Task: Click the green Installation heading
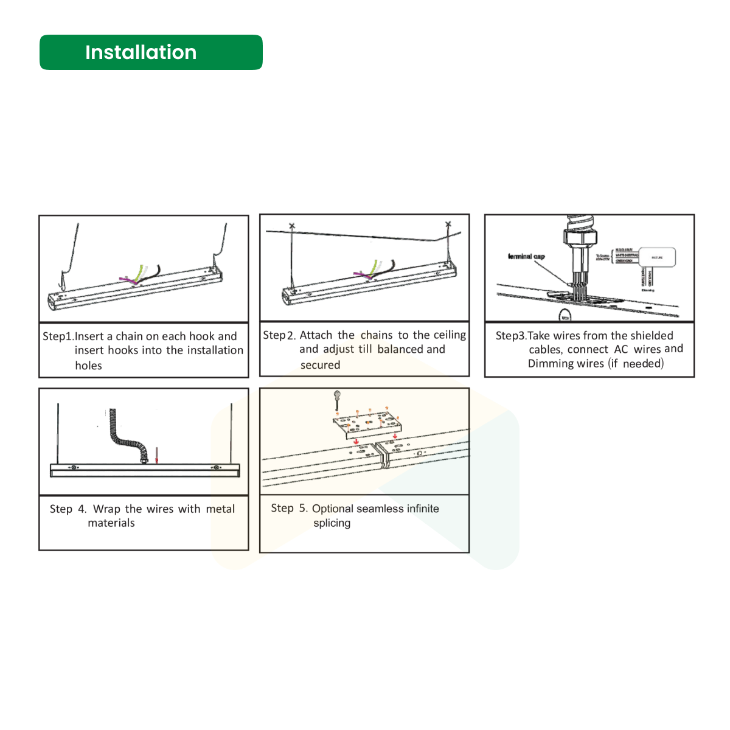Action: pyautogui.click(x=151, y=52)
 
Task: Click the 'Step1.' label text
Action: pyautogui.click(x=58, y=336)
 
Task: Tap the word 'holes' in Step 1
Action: pyautogui.click(x=88, y=366)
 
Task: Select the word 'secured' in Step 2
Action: pyautogui.click(x=320, y=365)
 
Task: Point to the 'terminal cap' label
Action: pyautogui.click(x=526, y=257)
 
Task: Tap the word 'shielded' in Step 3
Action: pyautogui.click(x=652, y=336)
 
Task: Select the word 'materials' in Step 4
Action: pyautogui.click(x=111, y=523)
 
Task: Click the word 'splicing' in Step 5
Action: pyautogui.click(x=332, y=523)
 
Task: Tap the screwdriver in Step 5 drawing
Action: pyautogui.click(x=336, y=400)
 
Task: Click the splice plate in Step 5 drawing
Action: pyautogui.click(x=368, y=424)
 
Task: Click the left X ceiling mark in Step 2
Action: pyautogui.click(x=292, y=226)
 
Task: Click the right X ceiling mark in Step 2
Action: pyautogui.click(x=448, y=224)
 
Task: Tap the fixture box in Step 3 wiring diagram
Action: pyautogui.click(x=657, y=257)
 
